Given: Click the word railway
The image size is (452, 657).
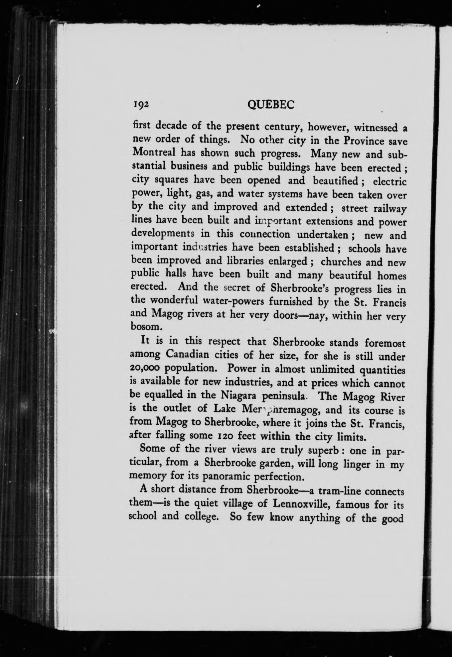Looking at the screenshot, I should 390,209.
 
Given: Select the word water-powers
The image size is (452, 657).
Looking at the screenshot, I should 238,301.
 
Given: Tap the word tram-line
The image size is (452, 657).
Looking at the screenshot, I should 337,491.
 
